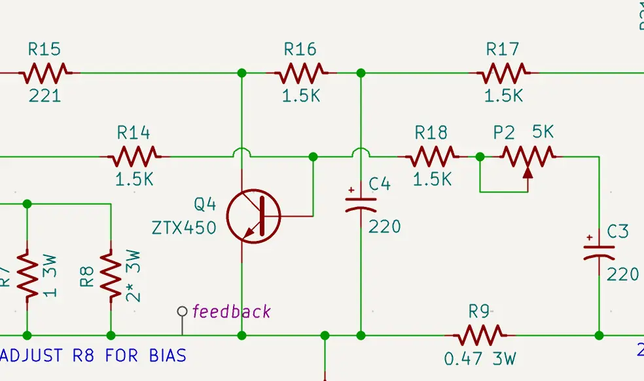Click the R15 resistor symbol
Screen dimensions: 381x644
click(45, 73)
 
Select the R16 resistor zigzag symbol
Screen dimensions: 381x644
click(300, 73)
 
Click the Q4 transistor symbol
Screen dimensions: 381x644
click(254, 215)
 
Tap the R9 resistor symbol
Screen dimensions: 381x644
click(480, 335)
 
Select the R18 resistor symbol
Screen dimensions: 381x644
click(432, 156)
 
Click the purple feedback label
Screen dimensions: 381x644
click(231, 312)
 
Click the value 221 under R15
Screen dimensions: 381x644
click(45, 96)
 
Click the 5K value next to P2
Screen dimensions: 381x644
click(543, 132)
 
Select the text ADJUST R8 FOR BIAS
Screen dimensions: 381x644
click(94, 356)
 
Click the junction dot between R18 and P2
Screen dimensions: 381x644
click(480, 157)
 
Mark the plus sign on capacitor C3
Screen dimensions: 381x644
click(590, 237)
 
